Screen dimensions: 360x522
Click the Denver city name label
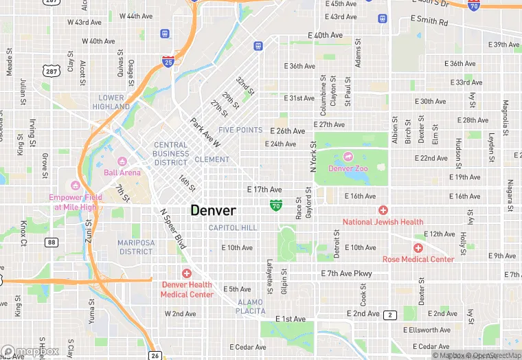point(213,211)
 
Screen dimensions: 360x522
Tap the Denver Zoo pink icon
point(348,157)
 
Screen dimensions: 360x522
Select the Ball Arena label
point(122,172)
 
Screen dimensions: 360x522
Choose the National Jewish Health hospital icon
point(383,210)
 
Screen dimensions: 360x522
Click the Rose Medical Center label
point(418,259)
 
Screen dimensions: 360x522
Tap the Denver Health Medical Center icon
point(186,273)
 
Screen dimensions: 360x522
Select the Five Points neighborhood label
point(240,130)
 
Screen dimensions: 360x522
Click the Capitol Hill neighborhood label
point(233,227)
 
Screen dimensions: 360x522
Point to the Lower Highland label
point(111,102)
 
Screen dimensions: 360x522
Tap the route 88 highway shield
point(52,242)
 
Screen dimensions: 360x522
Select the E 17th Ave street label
point(264,189)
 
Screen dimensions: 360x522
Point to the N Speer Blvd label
point(173,229)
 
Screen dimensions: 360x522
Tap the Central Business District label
point(171,154)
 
